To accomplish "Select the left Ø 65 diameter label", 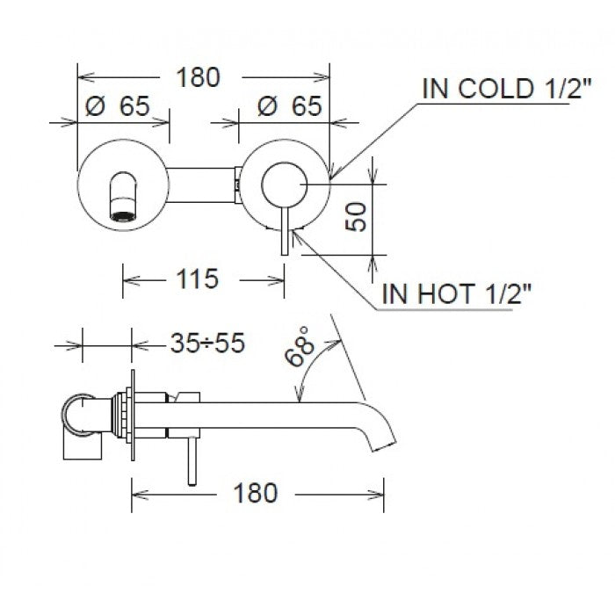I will click(x=116, y=107).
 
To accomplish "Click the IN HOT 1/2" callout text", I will click(x=457, y=294).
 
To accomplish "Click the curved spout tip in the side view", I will click(x=385, y=437).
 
